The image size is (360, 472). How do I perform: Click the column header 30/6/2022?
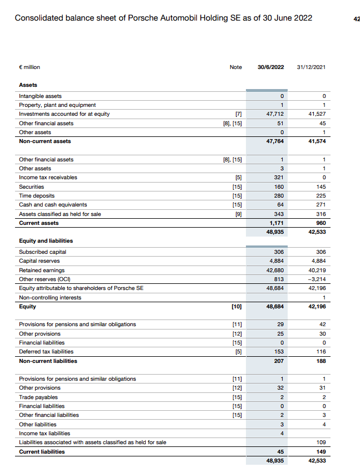point(271,67)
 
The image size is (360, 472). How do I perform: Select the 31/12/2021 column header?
point(312,67)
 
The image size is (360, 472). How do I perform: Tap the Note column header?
point(236,67)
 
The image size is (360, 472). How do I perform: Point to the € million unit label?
point(29,67)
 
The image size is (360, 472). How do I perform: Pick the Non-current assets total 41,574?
point(316,141)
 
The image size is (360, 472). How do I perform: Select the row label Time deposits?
point(37,196)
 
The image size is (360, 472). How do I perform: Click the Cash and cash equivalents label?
point(53,205)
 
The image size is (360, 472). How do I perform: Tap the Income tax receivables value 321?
point(279,178)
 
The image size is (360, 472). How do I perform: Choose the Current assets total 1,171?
point(277,223)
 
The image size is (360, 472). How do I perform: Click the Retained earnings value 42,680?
point(275,270)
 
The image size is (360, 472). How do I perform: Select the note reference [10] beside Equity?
point(236,306)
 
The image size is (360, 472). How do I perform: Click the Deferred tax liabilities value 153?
point(279,352)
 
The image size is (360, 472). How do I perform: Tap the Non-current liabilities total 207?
point(279,361)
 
